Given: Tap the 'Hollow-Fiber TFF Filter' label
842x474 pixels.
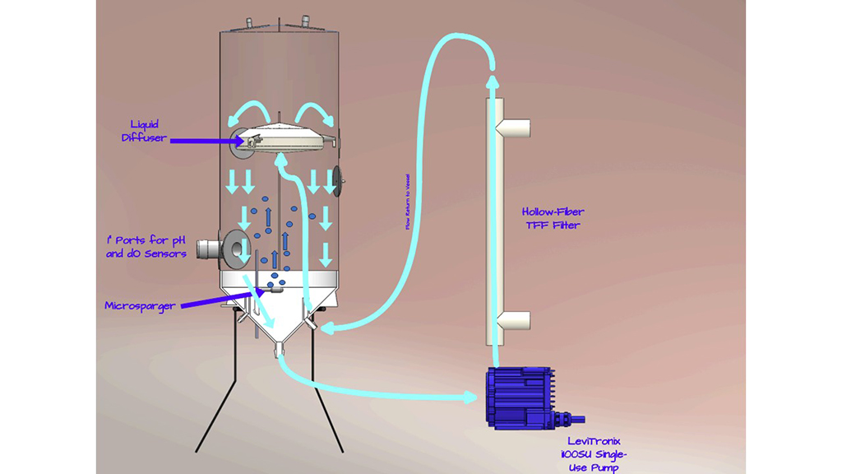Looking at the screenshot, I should point(550,217).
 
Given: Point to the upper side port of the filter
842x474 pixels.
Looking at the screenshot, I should point(516,128).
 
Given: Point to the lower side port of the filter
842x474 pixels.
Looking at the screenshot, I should point(516,319).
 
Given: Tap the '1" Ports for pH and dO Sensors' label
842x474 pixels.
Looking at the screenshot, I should point(146,246).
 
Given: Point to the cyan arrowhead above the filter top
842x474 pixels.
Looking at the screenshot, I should point(492,81).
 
